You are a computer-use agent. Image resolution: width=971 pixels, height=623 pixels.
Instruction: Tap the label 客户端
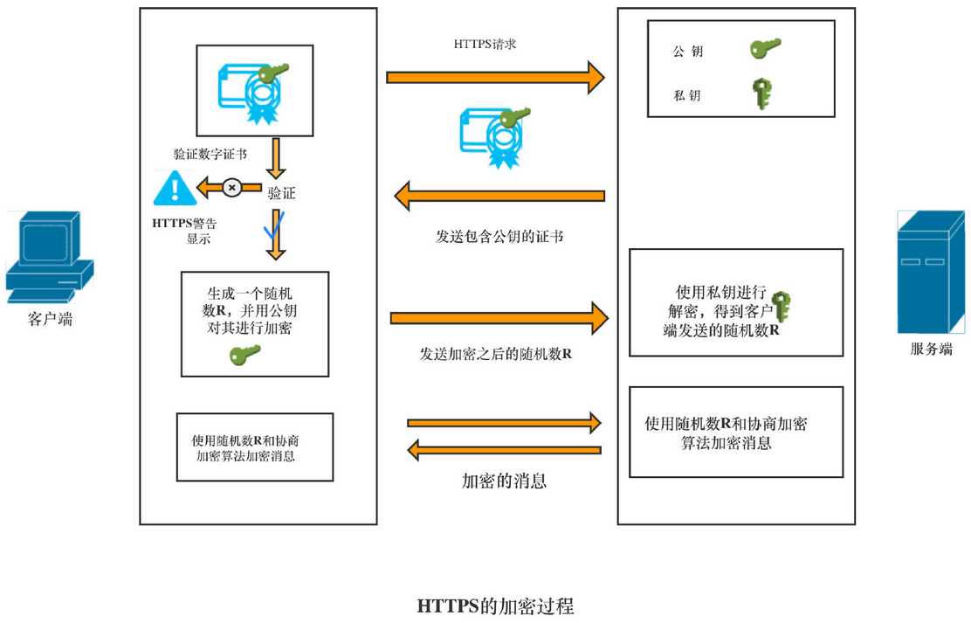50,320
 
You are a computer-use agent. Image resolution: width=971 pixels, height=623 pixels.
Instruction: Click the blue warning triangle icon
175,189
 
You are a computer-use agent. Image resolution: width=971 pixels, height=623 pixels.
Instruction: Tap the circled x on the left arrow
231,187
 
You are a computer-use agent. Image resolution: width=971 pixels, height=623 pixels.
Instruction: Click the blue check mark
274,226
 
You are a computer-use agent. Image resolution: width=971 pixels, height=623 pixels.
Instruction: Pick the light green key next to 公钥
765,48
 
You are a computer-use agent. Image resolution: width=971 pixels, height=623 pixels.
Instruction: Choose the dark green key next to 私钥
764,94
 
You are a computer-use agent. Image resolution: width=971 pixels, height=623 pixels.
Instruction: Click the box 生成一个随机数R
254,323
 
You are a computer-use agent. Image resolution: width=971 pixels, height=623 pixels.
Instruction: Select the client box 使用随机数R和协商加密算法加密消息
254,447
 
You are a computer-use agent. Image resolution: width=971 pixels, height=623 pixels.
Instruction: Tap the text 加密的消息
504,480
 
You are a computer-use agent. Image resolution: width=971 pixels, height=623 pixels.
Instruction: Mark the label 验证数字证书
210,155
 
